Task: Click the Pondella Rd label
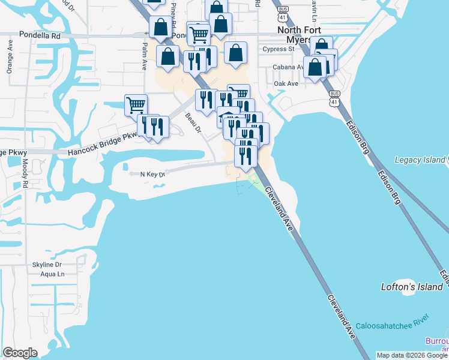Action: pos(40,35)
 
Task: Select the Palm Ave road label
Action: pos(145,56)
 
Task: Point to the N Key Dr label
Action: pos(152,174)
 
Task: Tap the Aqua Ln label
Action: pos(52,274)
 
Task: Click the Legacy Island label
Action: pos(420,160)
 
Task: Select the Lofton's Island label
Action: pos(412,287)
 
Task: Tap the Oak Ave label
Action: pos(286,83)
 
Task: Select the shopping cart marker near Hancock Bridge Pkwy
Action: pos(136,105)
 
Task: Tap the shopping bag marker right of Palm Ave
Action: pos(168,56)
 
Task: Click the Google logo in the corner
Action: pos(20,353)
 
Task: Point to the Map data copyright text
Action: pos(412,355)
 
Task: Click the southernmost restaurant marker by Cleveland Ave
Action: pos(246,156)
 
